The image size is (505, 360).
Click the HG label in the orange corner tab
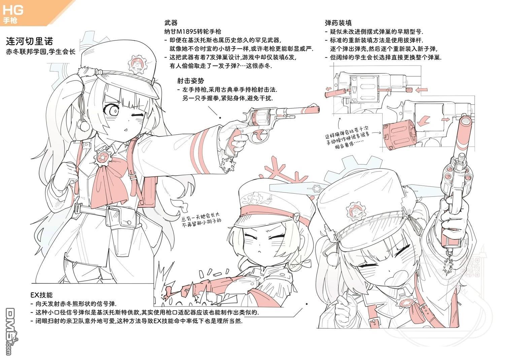[x=13, y=10]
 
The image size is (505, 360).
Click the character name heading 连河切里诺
[x=29, y=41]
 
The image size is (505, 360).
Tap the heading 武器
[x=171, y=23]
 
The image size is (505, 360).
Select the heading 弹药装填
[x=338, y=23]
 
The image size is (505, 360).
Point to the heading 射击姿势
[x=191, y=81]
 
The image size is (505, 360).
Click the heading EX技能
[x=41, y=295]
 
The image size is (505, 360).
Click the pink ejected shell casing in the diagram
[x=335, y=93]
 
